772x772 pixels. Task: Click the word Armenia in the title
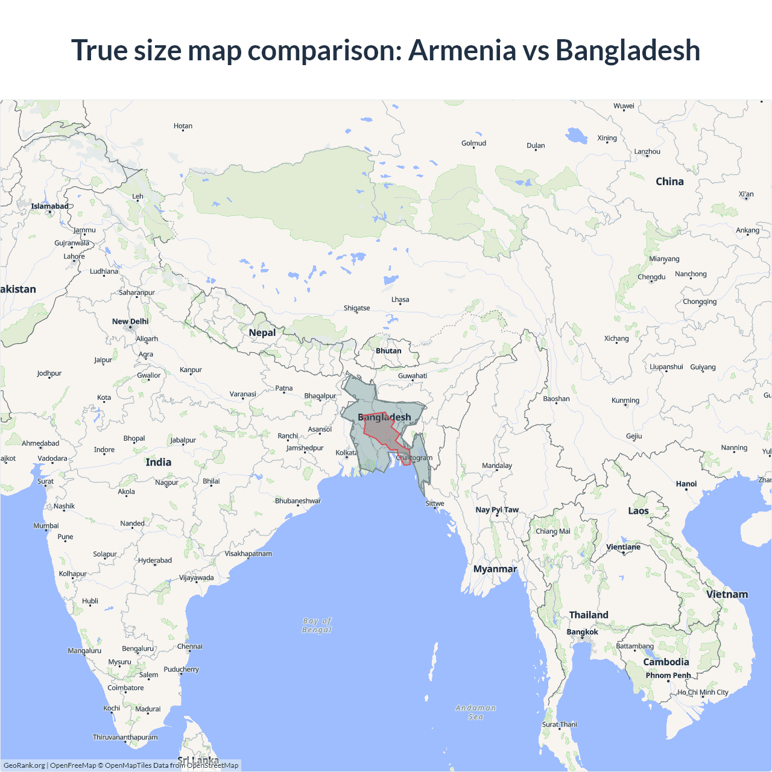tap(462, 50)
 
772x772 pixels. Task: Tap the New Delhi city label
tap(130, 321)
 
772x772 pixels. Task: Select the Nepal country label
tap(262, 333)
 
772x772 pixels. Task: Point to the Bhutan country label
tap(388, 351)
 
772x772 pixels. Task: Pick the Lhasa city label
tap(400, 300)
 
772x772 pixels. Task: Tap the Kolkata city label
tap(346, 453)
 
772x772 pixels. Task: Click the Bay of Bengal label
tap(317, 625)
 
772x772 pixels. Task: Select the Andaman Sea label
tap(475, 712)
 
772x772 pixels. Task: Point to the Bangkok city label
tap(582, 632)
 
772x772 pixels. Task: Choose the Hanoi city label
tap(686, 484)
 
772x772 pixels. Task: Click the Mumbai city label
tap(46, 526)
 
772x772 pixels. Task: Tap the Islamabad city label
tap(49, 206)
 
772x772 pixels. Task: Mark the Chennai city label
tap(189, 647)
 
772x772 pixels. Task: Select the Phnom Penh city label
tap(668, 675)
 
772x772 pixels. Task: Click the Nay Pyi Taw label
tap(497, 510)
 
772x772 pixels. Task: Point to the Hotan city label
tap(183, 126)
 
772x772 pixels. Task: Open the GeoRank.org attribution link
tap(24, 765)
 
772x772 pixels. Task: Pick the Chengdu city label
tap(651, 277)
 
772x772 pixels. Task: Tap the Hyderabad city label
tap(155, 560)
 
